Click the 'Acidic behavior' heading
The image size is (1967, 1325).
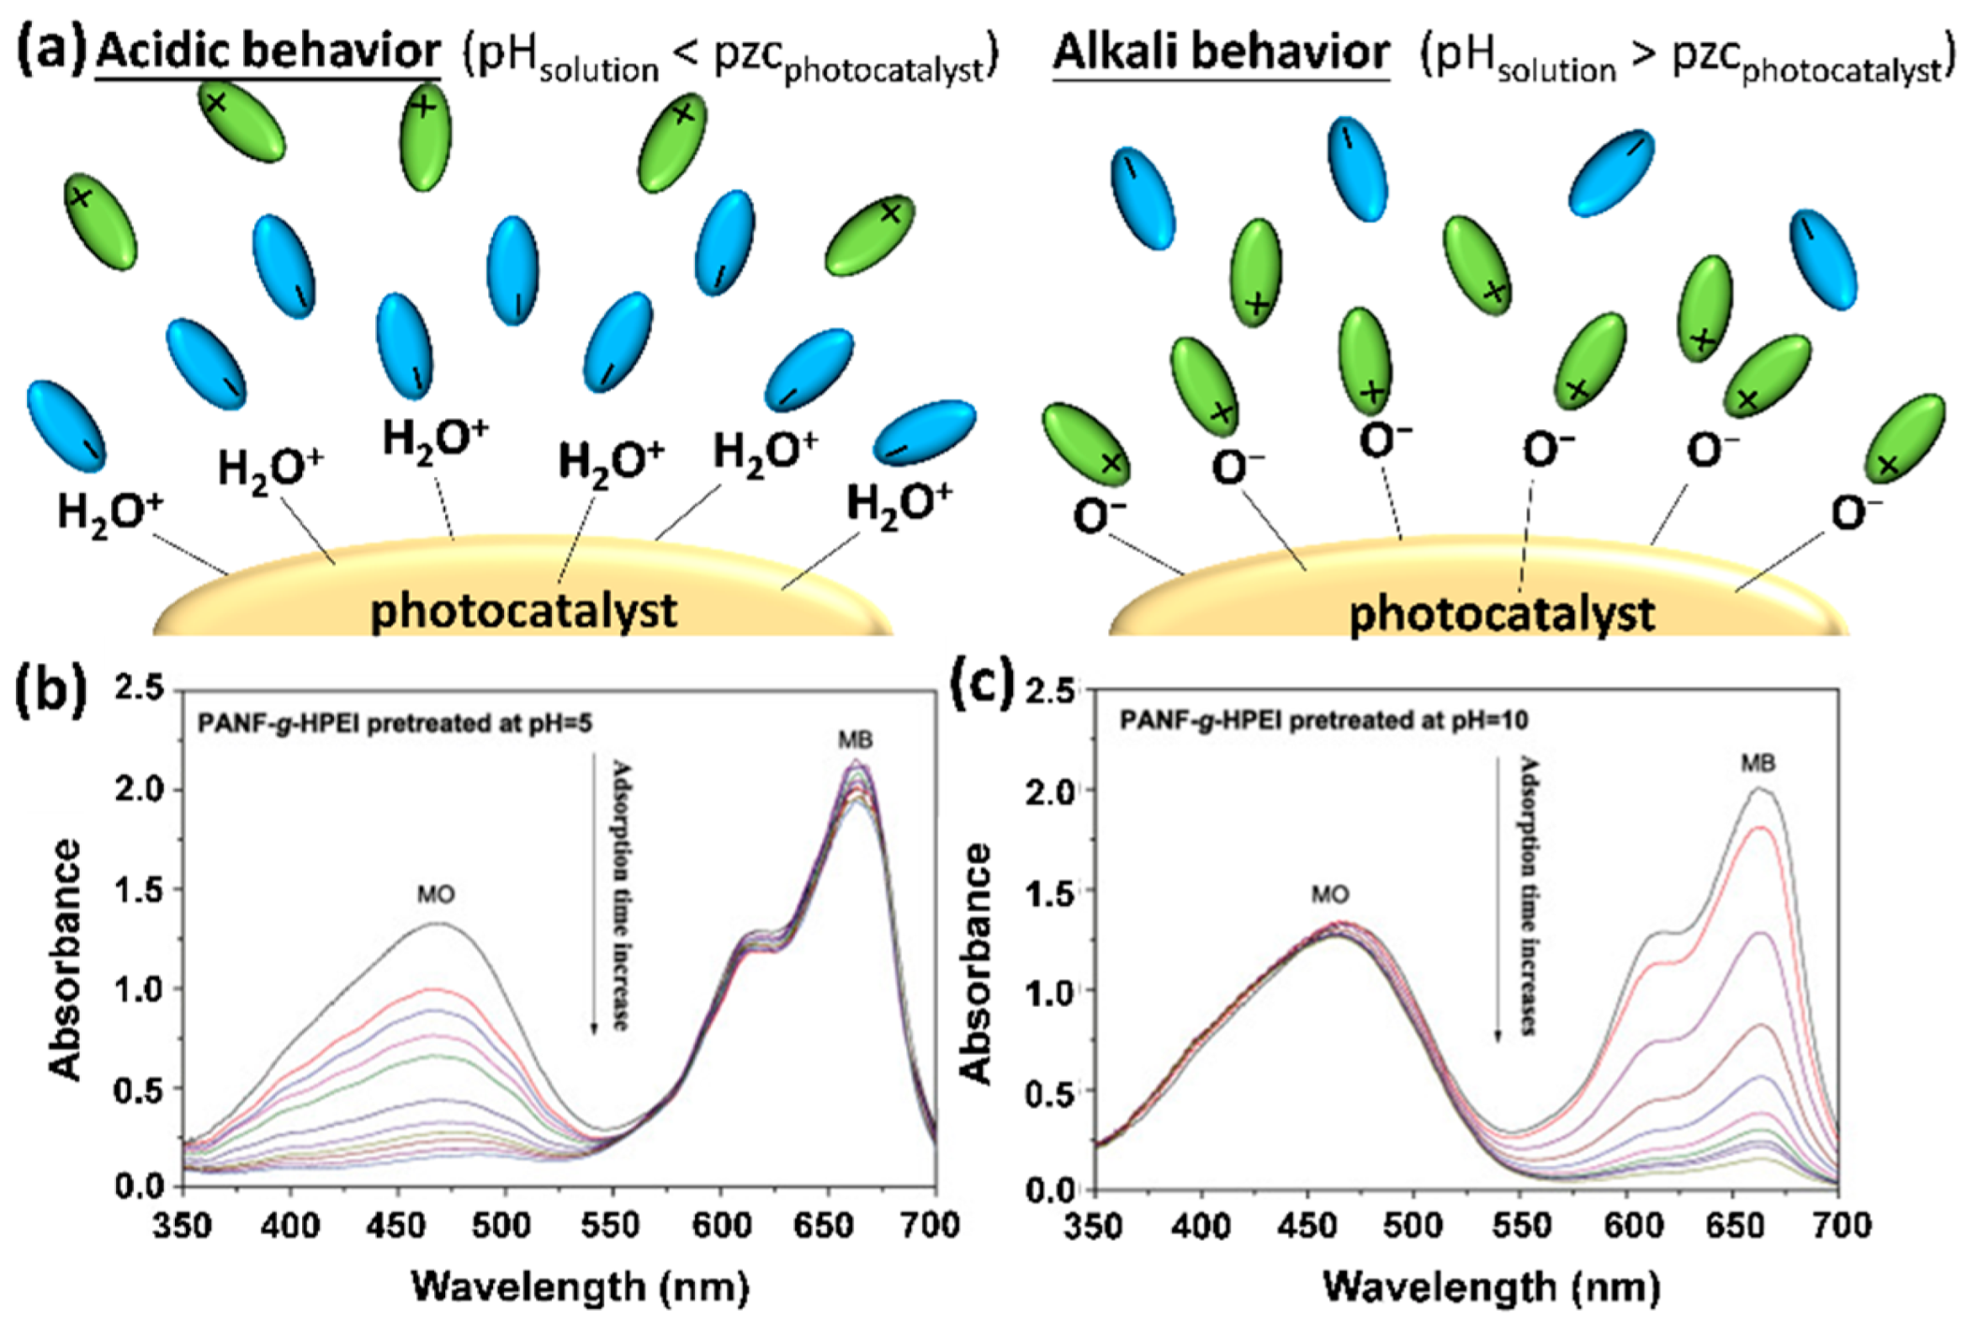[268, 50]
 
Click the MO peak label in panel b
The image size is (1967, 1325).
[436, 895]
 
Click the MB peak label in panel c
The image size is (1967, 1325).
[1757, 763]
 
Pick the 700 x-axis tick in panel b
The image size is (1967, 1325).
[933, 1225]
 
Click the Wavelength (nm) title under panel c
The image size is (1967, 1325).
[1491, 1287]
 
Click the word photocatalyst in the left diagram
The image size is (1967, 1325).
[523, 611]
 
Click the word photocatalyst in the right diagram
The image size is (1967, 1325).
[1501, 614]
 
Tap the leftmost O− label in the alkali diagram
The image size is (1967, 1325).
[1100, 515]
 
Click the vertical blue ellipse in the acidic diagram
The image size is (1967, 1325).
[513, 270]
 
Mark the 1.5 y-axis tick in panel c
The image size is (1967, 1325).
[1050, 891]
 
